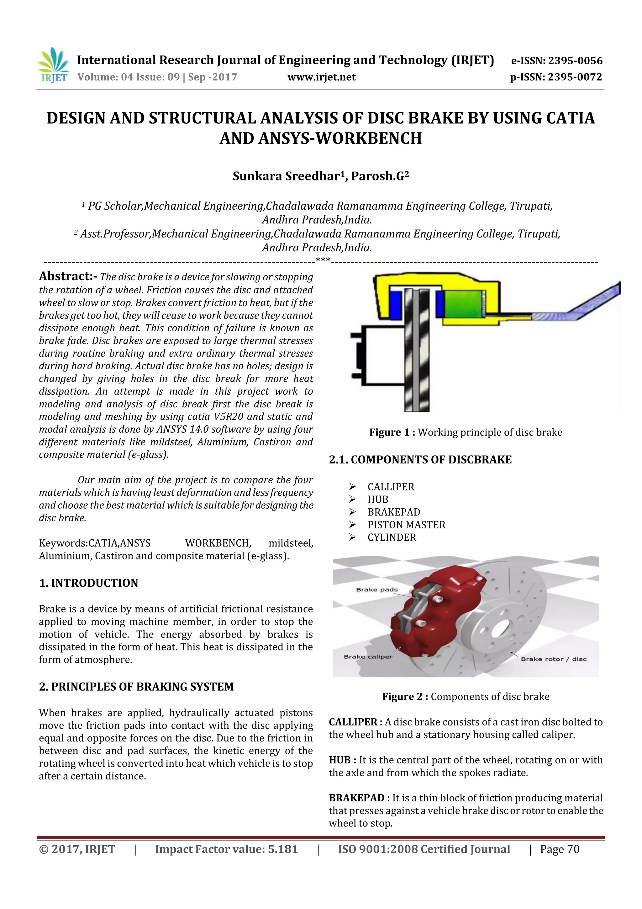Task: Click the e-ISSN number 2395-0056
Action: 575,61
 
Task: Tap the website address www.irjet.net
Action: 321,77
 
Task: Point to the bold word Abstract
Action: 68,276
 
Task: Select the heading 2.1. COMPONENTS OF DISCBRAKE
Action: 420,460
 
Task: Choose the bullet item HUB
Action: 378,499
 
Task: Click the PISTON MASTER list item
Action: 406,525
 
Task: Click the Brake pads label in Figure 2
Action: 376,590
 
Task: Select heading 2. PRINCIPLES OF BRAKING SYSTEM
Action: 136,687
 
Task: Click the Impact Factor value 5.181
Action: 282,849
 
